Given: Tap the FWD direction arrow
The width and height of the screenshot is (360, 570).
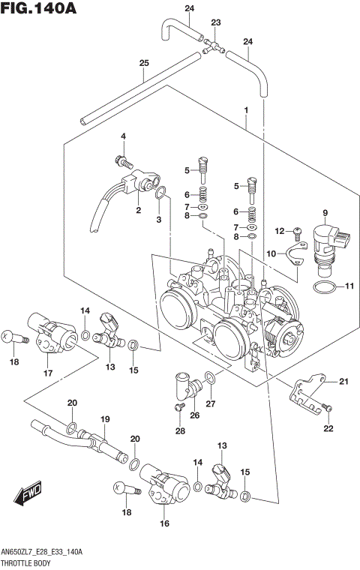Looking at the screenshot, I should coord(27,496).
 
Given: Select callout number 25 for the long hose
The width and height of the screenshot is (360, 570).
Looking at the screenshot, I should coord(143,64).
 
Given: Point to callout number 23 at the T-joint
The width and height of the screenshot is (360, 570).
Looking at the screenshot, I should coord(216,23).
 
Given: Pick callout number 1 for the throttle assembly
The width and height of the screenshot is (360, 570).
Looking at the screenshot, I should coord(245,110).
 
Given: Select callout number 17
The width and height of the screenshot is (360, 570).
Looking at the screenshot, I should coord(49,373).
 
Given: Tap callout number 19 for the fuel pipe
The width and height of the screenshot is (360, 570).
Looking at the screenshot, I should coord(105,419).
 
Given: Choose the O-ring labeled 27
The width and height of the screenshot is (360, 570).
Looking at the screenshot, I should coord(211,378).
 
